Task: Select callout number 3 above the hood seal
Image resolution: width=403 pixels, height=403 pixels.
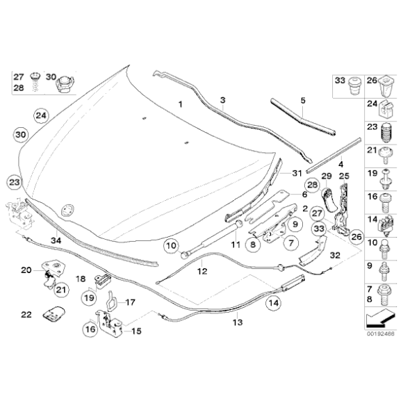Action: point(222,101)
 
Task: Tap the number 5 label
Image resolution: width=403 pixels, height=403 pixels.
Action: point(302,101)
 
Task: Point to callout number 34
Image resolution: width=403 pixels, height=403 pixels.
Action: point(57,240)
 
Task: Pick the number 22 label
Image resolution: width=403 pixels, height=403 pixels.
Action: point(26,315)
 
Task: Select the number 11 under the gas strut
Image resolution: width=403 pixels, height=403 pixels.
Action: point(234,245)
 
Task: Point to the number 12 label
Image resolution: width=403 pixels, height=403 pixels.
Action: point(202,272)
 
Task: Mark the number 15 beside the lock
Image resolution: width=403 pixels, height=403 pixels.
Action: point(136,330)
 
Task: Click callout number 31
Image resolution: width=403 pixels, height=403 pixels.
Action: point(295,174)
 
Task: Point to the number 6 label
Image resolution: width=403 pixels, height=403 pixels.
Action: point(304,195)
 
